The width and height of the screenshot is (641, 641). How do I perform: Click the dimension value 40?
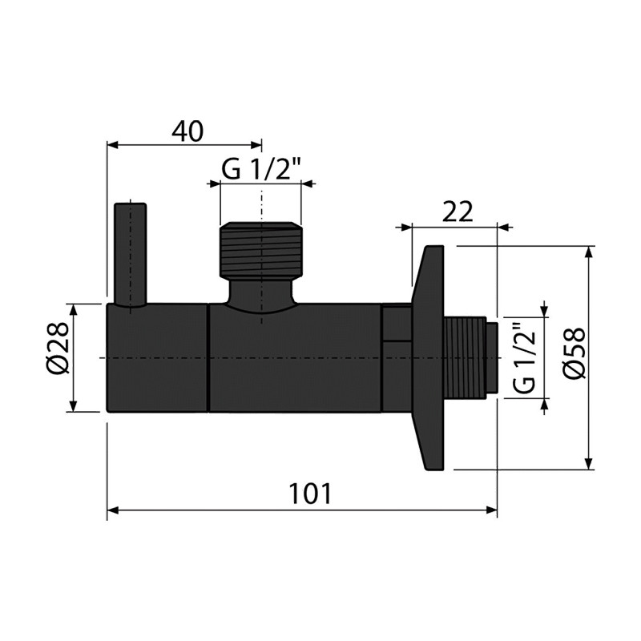pyautogui.click(x=187, y=131)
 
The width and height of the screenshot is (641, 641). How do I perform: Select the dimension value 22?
pyautogui.click(x=458, y=212)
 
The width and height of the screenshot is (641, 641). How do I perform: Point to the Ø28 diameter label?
pyautogui.click(x=57, y=348)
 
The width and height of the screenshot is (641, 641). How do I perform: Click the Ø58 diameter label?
pyautogui.click(x=574, y=353)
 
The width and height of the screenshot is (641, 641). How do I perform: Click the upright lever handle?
pyautogui.click(x=131, y=254)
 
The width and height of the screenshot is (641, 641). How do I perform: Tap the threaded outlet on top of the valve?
pyautogui.click(x=260, y=250)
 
